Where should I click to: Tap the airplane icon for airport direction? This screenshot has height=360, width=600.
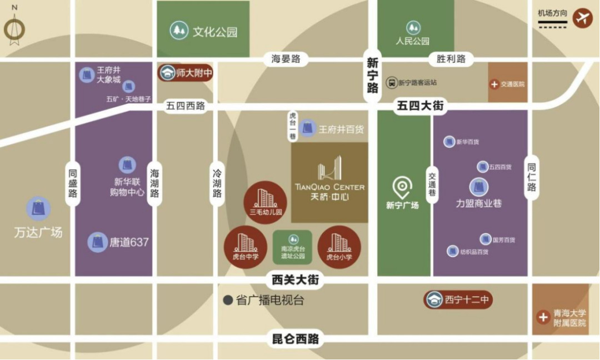583,18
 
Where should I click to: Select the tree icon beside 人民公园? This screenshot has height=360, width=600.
413,27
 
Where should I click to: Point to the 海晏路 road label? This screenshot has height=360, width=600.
286,58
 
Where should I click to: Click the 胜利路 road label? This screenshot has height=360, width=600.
451,58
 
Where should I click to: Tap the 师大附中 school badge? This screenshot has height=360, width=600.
186,73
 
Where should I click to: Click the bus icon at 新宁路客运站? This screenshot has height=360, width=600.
392,82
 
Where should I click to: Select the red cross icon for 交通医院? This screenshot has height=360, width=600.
494,84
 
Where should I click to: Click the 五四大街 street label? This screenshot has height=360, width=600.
421,105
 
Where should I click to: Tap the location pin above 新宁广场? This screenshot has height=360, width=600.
402,188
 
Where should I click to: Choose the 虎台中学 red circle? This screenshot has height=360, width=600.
245,247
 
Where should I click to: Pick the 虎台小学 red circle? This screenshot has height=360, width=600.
339,247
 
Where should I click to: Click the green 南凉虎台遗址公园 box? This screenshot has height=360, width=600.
292,247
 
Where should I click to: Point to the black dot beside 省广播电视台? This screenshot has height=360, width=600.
228,301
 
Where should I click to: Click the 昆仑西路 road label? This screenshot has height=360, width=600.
296,339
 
